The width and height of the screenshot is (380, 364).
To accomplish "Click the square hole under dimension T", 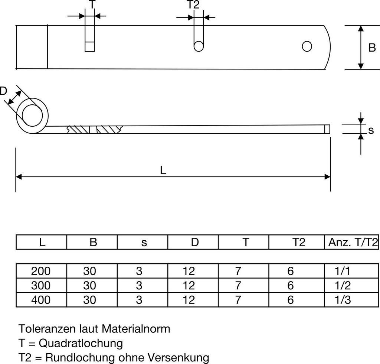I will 89,47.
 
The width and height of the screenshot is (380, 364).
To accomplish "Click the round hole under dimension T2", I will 199,46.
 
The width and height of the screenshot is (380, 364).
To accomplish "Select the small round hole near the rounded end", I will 307,46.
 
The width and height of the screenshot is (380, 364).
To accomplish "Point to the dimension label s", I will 370,130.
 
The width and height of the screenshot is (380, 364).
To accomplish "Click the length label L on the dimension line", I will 163,170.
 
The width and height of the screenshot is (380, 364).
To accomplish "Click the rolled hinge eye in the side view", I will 32,116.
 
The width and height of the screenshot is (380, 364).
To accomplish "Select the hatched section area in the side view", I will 95,130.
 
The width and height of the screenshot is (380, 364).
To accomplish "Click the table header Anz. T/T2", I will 353,243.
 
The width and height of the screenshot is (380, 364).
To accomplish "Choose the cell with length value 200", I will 41,271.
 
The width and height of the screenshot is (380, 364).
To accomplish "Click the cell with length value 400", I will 41,300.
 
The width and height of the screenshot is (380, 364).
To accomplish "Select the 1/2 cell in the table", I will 342,286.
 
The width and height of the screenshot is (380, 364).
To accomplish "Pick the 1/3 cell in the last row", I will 342,300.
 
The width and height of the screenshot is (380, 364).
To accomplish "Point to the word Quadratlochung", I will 82,343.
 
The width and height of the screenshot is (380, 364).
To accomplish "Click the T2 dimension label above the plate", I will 192,4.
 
